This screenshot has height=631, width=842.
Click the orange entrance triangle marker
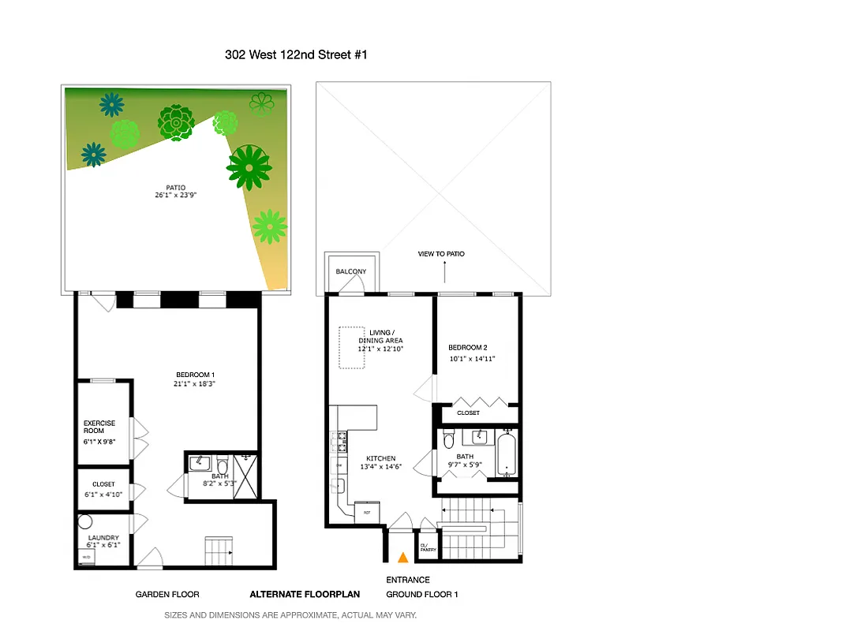[402, 558]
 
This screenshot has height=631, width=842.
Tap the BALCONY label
[351, 271]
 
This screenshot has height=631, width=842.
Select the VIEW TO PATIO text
[441, 254]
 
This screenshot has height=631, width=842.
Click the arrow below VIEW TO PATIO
[444, 272]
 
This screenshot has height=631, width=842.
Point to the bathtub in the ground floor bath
[507, 454]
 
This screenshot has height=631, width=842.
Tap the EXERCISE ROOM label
[99, 427]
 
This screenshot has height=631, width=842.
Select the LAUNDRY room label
[103, 538]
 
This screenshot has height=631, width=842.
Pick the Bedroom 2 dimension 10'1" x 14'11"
[472, 358]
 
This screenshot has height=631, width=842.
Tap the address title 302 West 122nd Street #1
[296, 54]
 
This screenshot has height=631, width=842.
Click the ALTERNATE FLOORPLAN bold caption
[305, 595]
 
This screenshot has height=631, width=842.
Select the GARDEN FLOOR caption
[167, 595]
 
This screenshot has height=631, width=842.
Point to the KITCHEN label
[381, 458]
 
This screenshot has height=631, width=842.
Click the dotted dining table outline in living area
[352, 348]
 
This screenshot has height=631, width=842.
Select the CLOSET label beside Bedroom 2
[468, 413]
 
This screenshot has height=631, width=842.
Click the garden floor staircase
[219, 549]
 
